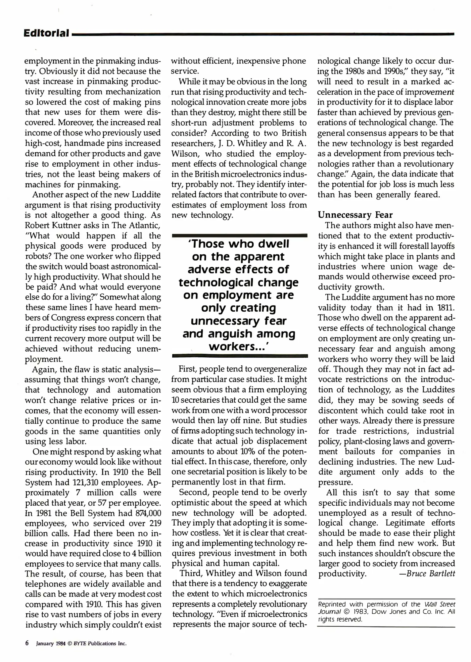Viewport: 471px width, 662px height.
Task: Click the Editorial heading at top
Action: [46, 33]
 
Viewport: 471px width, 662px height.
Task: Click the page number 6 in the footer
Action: [27, 643]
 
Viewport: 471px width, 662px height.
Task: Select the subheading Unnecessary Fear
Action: [355, 215]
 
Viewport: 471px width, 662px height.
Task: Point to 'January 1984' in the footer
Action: [51, 643]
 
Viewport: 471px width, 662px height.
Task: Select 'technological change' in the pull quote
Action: [239, 282]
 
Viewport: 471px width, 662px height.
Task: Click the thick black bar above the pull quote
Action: [239, 235]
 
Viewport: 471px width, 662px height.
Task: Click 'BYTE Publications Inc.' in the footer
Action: [102, 643]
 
